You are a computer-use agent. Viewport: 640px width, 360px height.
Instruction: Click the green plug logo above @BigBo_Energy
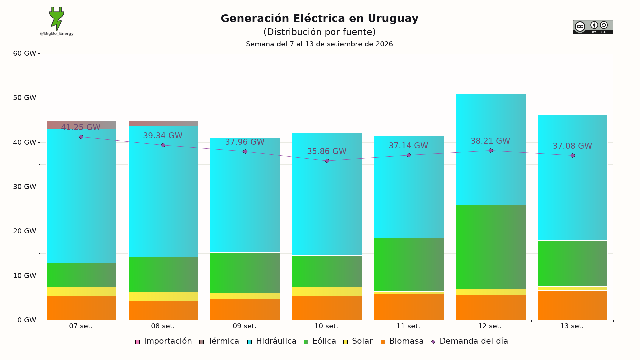(x=57, y=19)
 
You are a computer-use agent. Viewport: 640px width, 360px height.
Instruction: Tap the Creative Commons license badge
(x=593, y=27)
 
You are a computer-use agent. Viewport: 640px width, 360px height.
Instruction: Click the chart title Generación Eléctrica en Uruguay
(x=319, y=18)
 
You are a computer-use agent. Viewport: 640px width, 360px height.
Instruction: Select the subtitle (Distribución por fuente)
(x=319, y=32)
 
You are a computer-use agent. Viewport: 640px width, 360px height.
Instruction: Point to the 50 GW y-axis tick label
(x=25, y=98)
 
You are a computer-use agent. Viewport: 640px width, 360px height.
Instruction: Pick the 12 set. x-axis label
(x=490, y=326)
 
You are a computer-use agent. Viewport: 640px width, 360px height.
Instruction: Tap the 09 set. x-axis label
(x=245, y=326)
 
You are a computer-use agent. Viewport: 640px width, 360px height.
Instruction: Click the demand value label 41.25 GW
(x=81, y=127)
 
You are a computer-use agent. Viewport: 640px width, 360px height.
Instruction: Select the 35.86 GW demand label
(x=327, y=151)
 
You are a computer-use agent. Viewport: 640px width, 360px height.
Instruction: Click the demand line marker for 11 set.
(x=409, y=155)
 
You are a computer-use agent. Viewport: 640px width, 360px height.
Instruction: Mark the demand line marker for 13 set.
(x=573, y=156)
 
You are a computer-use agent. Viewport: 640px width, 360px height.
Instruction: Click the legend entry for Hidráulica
(x=272, y=341)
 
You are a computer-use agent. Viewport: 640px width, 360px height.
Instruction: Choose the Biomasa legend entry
(x=402, y=341)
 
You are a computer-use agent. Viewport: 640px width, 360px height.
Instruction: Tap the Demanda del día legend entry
(x=469, y=341)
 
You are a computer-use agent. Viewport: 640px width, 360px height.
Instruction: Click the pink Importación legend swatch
(x=137, y=342)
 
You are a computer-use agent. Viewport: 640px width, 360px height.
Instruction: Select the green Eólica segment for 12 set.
(x=491, y=247)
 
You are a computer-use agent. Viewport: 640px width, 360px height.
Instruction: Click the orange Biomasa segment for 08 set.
(x=163, y=311)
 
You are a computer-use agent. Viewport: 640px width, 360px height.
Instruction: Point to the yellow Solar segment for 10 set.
(x=327, y=292)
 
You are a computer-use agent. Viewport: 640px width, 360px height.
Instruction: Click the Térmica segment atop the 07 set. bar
(x=81, y=125)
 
